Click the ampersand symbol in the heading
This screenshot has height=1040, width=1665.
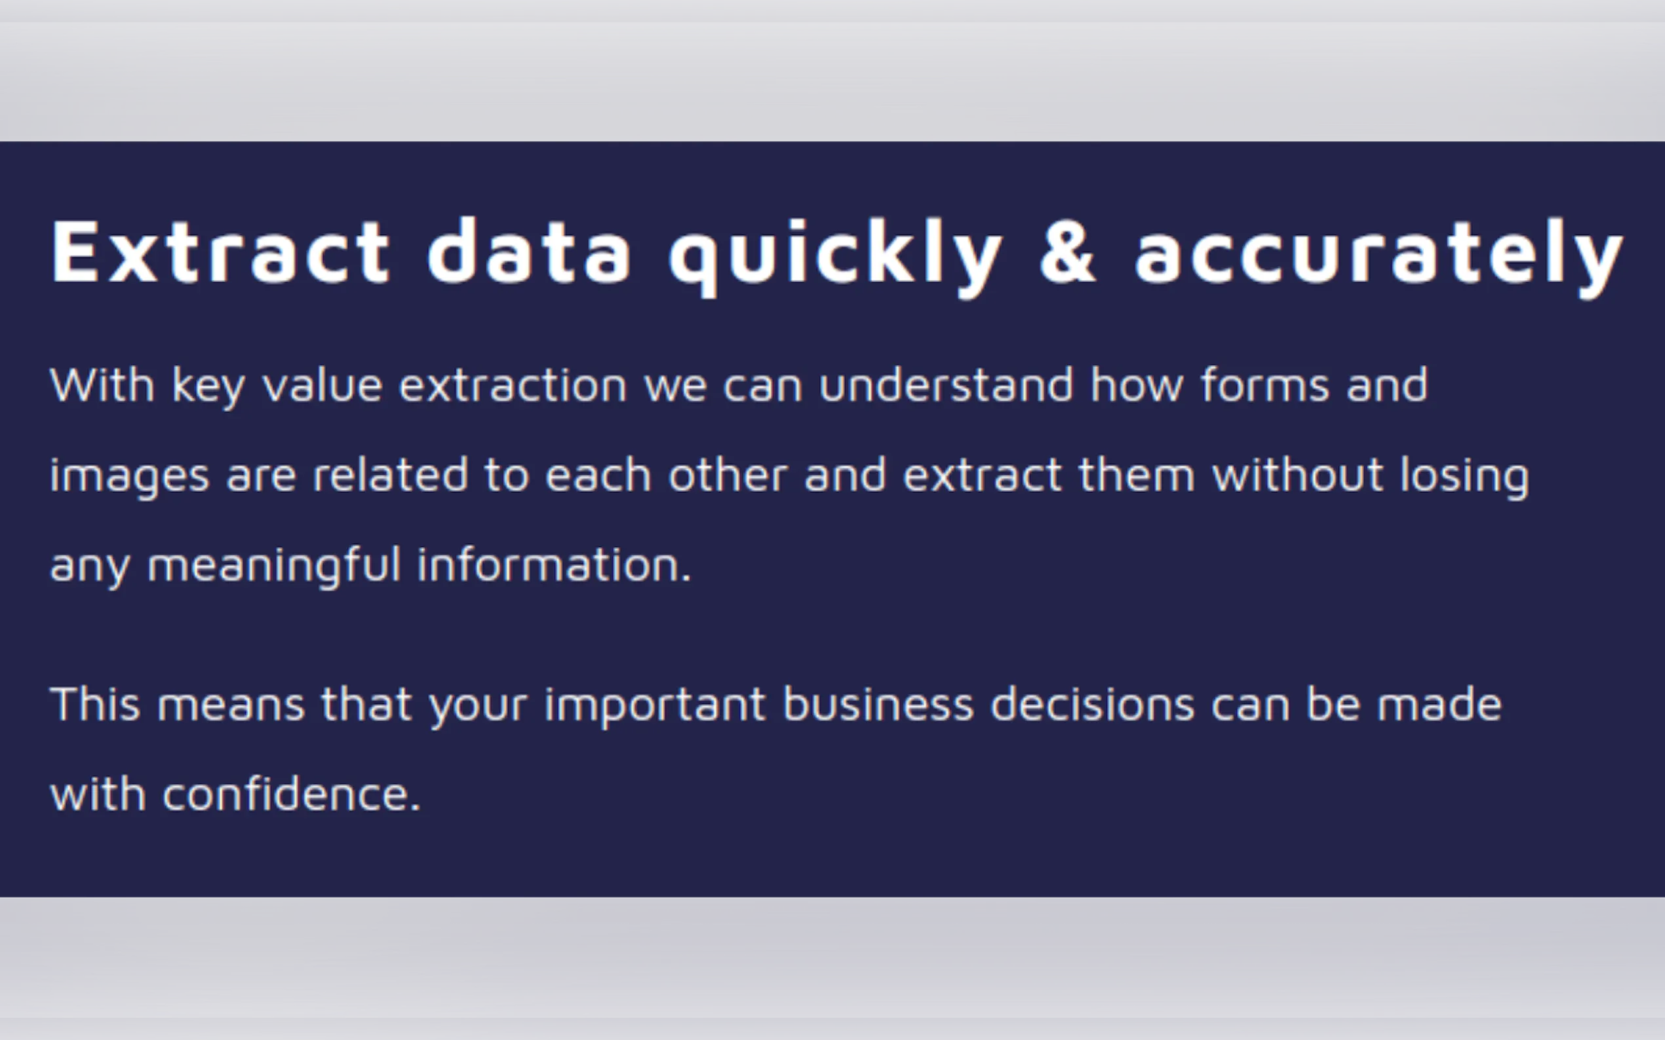pos(1067,250)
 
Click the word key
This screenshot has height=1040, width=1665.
pos(208,386)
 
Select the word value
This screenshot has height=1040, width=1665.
pos(322,384)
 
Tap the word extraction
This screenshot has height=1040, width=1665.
pos(513,384)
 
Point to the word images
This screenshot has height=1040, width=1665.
pos(129,477)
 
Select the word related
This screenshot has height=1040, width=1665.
pos(390,475)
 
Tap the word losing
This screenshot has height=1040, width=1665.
pos(1464,477)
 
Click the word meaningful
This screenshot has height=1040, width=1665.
pos(274,566)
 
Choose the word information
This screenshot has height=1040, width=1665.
pos(554,565)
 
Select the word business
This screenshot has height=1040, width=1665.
pos(878,704)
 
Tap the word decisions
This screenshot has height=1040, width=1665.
pos(1092,704)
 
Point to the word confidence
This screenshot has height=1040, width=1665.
pos(291,794)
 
